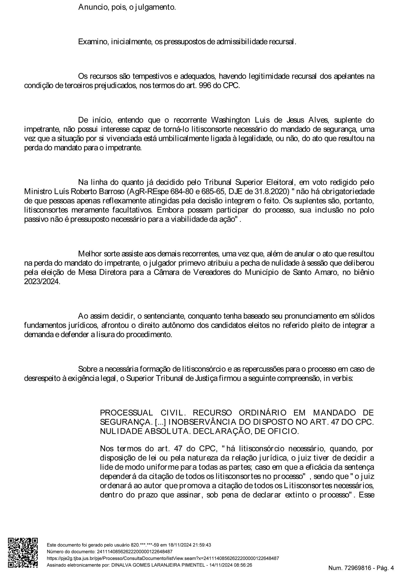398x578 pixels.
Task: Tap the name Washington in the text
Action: (x=230, y=120)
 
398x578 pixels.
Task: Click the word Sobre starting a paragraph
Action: (x=88, y=369)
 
